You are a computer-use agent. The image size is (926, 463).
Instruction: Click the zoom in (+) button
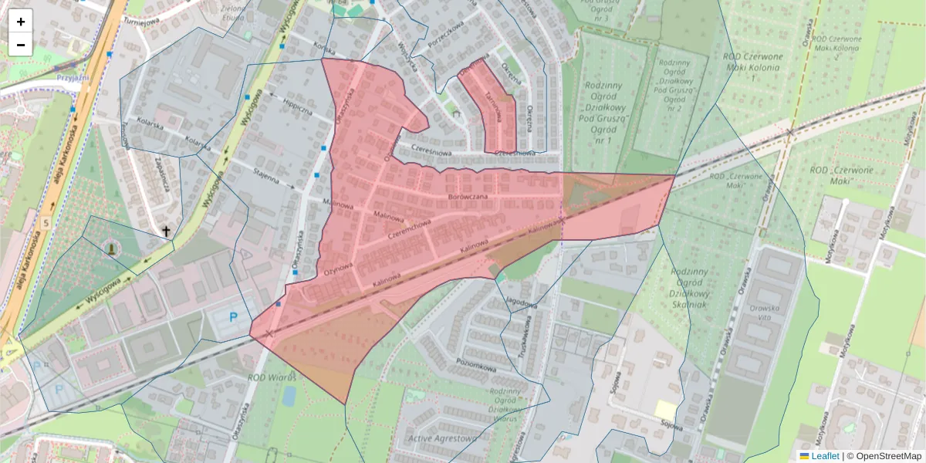21,22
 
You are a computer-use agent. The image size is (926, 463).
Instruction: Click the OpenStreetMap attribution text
888,456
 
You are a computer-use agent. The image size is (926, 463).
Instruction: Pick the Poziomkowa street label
475,367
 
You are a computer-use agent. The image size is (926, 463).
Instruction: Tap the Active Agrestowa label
442,438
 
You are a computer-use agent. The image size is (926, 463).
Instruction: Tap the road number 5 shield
46,224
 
